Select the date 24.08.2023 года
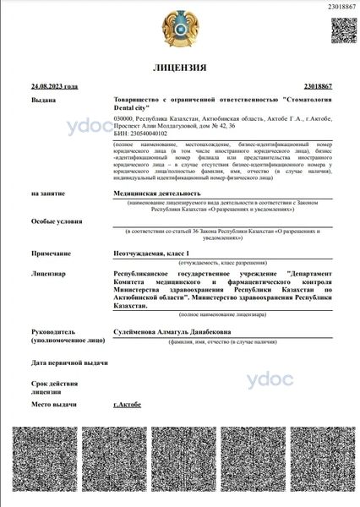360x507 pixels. point(54,86)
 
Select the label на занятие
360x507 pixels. point(50,194)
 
